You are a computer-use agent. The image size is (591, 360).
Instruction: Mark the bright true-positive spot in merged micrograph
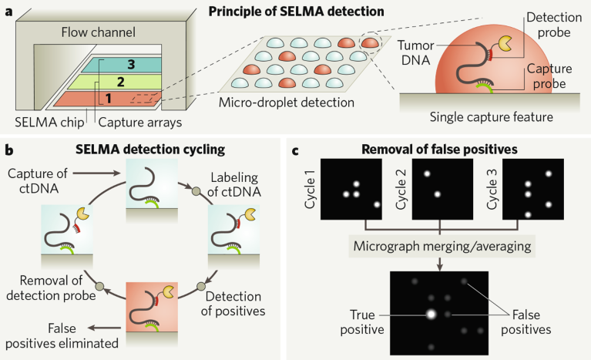tap(430, 315)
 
